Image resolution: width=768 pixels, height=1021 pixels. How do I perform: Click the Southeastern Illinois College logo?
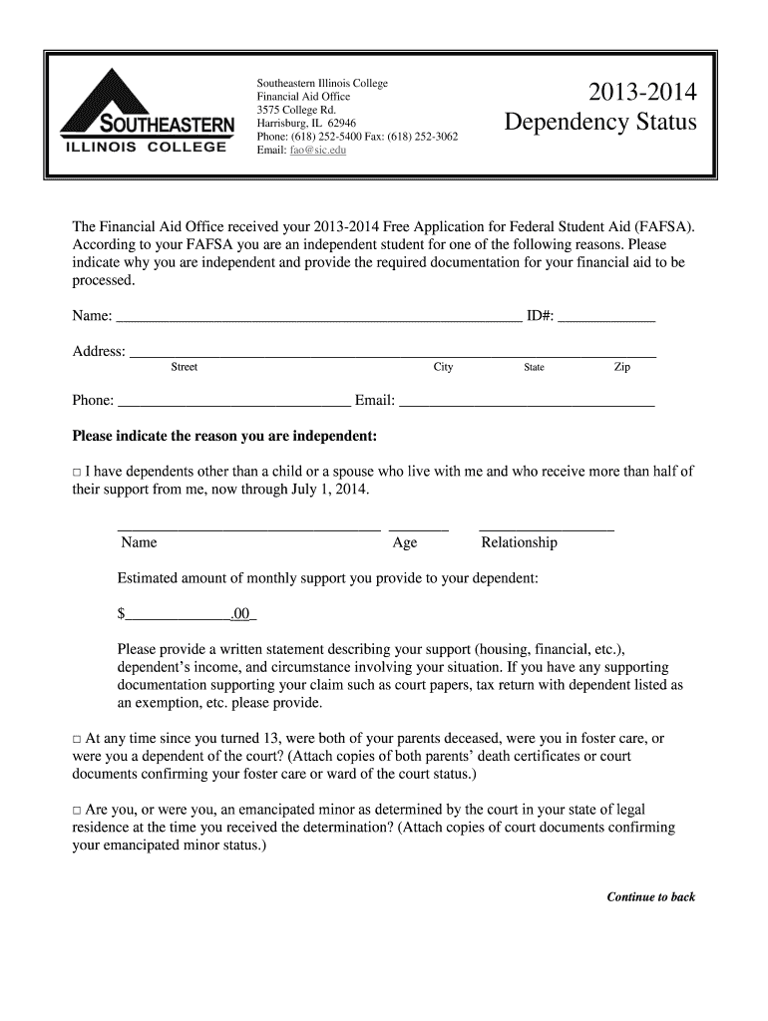pyautogui.click(x=147, y=112)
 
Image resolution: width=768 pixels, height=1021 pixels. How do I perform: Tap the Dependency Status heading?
pyautogui.click(x=599, y=124)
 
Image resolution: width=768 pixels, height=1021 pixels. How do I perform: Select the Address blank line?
pyautogui.click(x=393, y=352)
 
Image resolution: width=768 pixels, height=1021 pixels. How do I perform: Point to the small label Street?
pyautogui.click(x=185, y=368)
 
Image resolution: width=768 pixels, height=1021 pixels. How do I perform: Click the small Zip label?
pyautogui.click(x=621, y=368)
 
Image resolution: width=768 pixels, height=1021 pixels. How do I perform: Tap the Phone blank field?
pyautogui.click(x=233, y=402)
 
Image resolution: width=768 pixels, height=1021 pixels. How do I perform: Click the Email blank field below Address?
pyautogui.click(x=526, y=402)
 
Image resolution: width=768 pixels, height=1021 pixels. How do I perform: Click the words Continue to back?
pyautogui.click(x=650, y=897)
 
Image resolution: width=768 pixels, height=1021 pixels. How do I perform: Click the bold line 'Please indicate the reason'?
pyautogui.click(x=225, y=437)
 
